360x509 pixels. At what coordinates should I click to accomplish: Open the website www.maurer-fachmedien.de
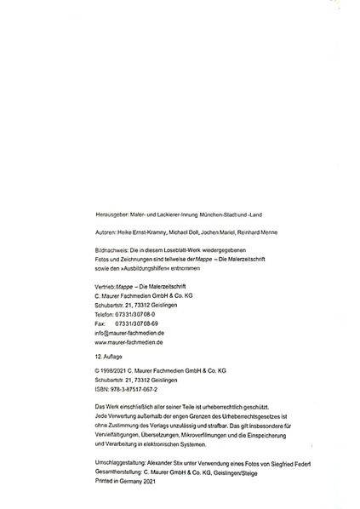coord(129,342)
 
